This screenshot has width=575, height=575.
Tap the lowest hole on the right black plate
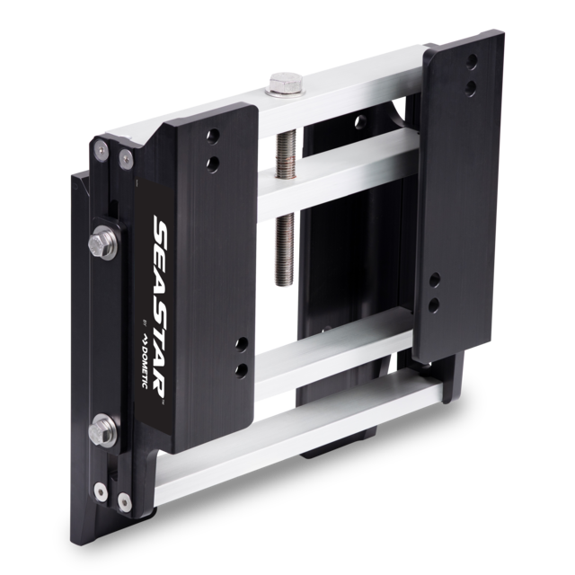(434, 304)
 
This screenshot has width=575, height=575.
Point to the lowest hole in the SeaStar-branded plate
(241, 370)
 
